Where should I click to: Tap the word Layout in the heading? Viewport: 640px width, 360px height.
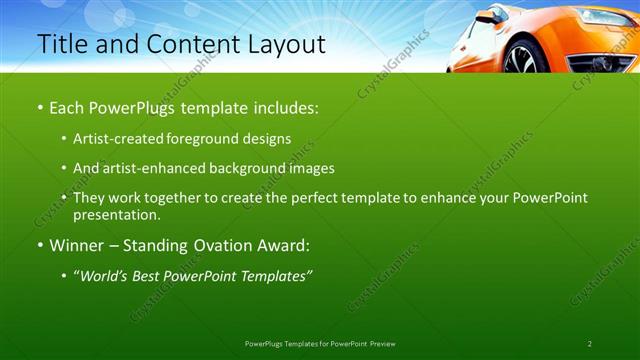284,45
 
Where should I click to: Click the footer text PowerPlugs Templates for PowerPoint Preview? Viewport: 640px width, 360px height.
320,344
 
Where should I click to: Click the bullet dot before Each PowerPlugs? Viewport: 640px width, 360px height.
39,107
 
